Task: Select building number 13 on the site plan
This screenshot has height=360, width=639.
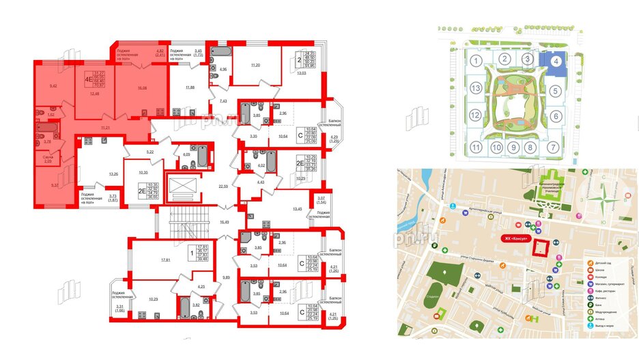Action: (474, 89)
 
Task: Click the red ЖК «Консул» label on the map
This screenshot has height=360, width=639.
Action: (517, 238)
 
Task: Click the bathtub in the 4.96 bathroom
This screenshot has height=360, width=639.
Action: (223, 53)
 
